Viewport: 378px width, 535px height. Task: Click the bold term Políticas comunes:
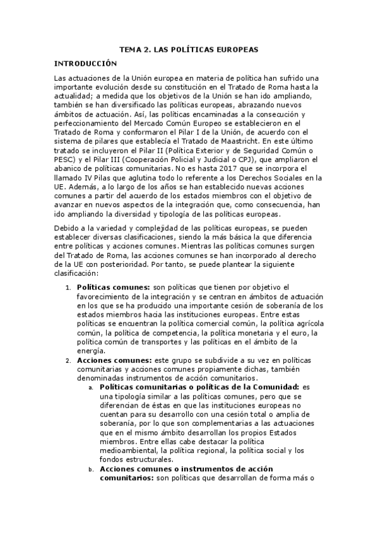pyautogui.click(x=109, y=287)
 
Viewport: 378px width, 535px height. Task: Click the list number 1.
pyautogui.click(x=69, y=287)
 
